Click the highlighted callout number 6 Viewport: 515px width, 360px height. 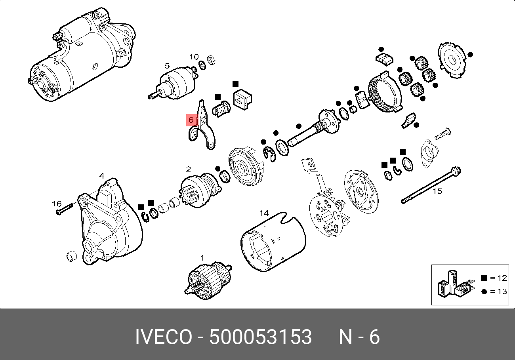pyautogui.click(x=191, y=120)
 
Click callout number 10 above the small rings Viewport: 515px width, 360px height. pyautogui.click(x=194, y=57)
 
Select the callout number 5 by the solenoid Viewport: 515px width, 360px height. pyautogui.click(x=167, y=66)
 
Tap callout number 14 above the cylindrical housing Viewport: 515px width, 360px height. pyautogui.click(x=264, y=213)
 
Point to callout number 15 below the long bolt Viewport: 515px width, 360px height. pyautogui.click(x=437, y=191)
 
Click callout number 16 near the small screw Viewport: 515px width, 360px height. pyautogui.click(x=57, y=204)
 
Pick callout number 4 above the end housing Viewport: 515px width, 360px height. pyautogui.click(x=102, y=176)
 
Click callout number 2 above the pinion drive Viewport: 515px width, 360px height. pyautogui.click(x=188, y=170)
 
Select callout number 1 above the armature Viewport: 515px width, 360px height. pyautogui.click(x=202, y=258)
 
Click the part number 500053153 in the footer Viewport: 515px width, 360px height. pyautogui.click(x=261, y=337)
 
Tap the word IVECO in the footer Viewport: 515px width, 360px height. pyautogui.click(x=163, y=337)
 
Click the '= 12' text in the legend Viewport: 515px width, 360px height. pyautogui.click(x=498, y=278)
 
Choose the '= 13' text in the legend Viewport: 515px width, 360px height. pyautogui.click(x=498, y=291)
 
